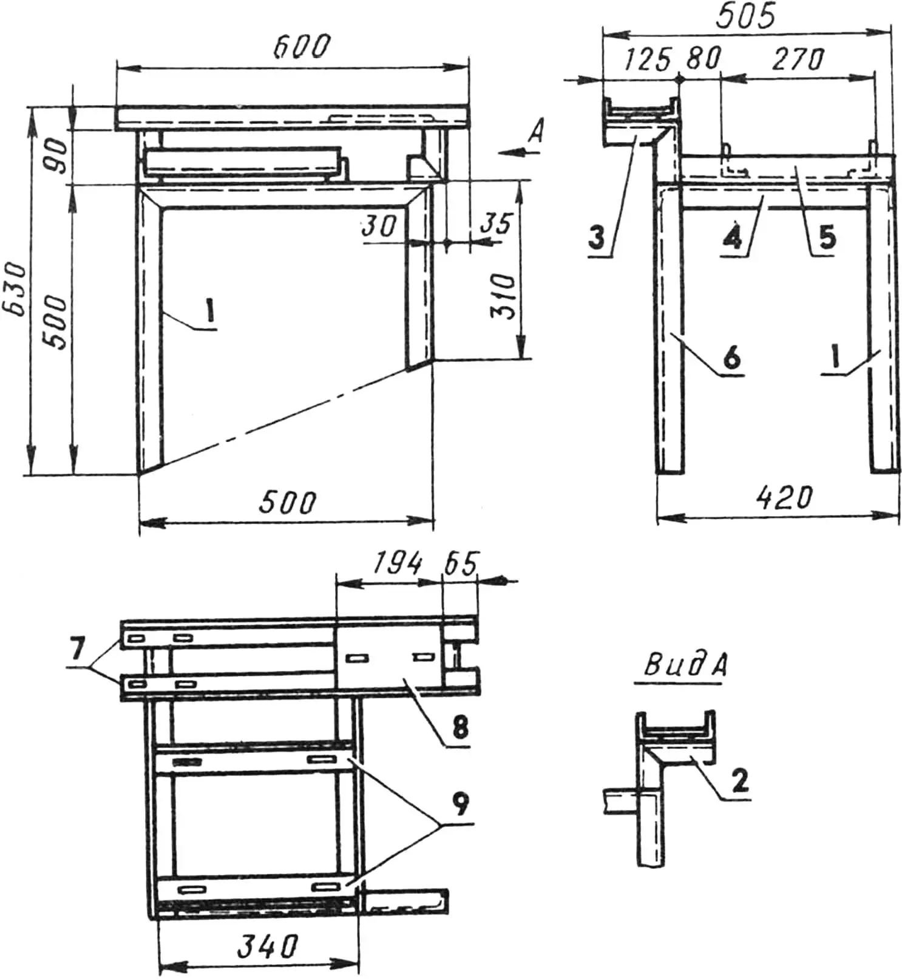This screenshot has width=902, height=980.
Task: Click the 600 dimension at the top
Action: pos(302,47)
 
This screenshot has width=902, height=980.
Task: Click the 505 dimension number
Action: pos(745,16)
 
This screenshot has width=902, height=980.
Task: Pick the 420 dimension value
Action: pos(784,499)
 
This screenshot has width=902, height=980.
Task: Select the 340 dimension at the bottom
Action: pos(267,947)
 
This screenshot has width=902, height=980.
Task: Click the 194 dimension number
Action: pos(397,564)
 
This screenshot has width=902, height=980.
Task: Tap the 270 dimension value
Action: pos(798,60)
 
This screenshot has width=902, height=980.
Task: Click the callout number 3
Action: pos(597,237)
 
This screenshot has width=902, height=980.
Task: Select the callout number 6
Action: pos(732,356)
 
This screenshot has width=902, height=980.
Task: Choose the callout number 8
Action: pos(460,726)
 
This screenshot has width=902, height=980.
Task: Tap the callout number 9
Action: pos(461,804)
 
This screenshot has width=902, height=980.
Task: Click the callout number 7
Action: pos(76,650)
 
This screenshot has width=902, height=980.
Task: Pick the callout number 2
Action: pos(739,780)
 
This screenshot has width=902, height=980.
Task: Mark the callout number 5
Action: pos(827,236)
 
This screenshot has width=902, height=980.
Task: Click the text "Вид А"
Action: pos(685,667)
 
